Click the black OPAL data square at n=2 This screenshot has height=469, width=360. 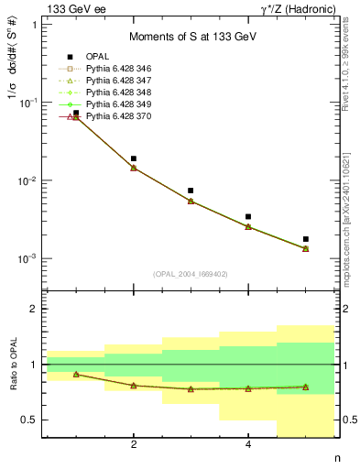click(134, 158)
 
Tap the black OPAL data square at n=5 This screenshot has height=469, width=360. click(306, 239)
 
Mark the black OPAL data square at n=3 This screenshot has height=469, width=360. click(191, 191)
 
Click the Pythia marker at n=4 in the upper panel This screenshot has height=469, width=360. click(248, 226)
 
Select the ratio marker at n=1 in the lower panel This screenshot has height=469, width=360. click(76, 374)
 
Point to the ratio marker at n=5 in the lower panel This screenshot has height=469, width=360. click(306, 387)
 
